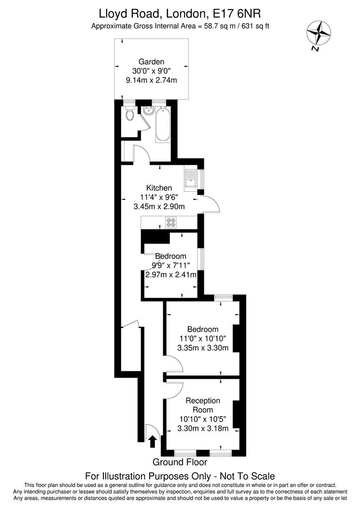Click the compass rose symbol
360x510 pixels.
pyautogui.click(x=319, y=33)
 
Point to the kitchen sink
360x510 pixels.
pyautogui.click(x=191, y=180)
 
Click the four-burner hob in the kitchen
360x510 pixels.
pyautogui.click(x=171, y=222)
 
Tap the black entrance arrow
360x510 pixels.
pyautogui.click(x=152, y=442)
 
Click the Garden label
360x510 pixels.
pyautogui.click(x=151, y=61)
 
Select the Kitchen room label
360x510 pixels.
pyautogui.click(x=159, y=187)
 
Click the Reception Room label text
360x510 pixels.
pyautogui.click(x=203, y=405)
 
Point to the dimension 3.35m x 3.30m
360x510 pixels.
pyautogui.click(x=203, y=348)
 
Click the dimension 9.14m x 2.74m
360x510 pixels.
pyautogui.click(x=151, y=80)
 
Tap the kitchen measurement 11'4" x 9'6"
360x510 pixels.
pyautogui.click(x=159, y=197)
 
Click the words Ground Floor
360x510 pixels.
pyautogui.click(x=180, y=462)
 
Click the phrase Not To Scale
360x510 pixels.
pyautogui.click(x=247, y=476)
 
